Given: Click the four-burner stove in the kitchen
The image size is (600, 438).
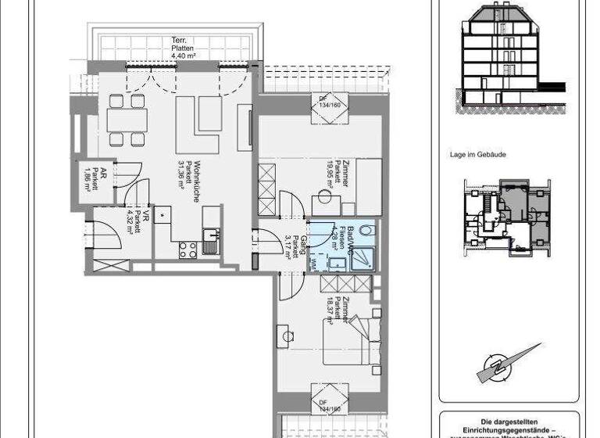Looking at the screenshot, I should [x=188, y=250].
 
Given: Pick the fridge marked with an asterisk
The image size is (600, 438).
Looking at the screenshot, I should [x=162, y=214].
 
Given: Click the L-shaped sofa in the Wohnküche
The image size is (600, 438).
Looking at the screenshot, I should [x=197, y=121].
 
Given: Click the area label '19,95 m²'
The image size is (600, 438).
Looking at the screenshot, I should [x=330, y=178].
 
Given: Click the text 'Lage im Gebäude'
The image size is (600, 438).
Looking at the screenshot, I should [x=479, y=155].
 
